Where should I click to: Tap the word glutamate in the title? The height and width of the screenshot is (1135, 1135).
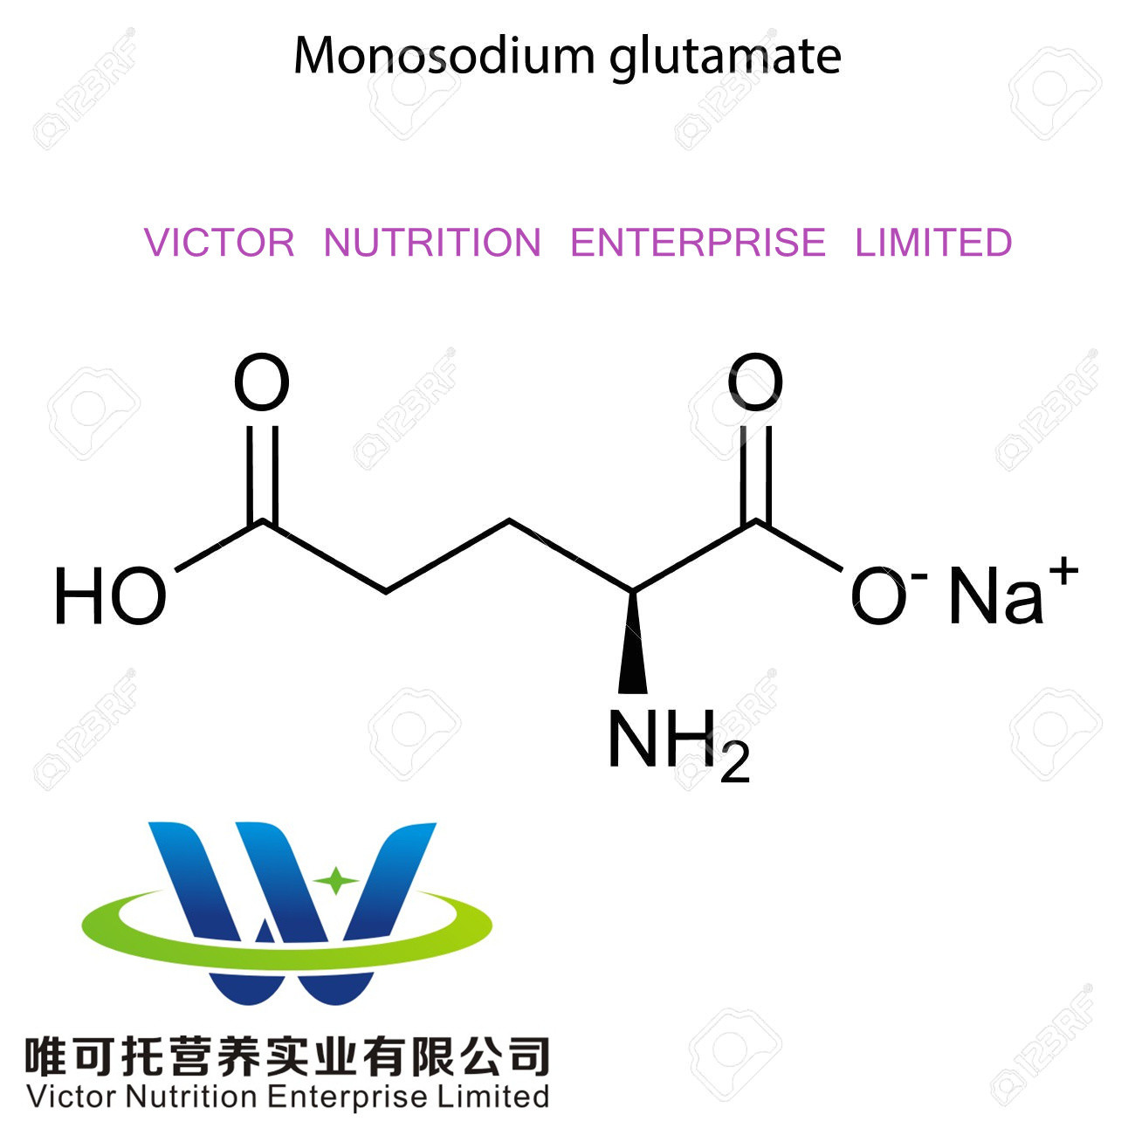pyautogui.click(x=725, y=58)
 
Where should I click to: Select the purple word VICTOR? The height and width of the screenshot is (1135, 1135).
pyautogui.click(x=219, y=243)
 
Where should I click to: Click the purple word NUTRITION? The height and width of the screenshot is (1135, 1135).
pyautogui.click(x=432, y=243)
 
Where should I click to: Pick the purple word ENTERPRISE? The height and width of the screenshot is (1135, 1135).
pyautogui.click(x=698, y=243)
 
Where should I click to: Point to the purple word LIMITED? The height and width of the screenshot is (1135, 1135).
pyautogui.click(x=933, y=243)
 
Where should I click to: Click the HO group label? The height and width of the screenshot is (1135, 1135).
pyautogui.click(x=110, y=597)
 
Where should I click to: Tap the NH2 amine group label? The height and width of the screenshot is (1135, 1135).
pyautogui.click(x=678, y=743)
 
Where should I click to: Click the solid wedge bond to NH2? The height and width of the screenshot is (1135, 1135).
pyautogui.click(x=633, y=646)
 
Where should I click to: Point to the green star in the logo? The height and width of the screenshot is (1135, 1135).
pyautogui.click(x=335, y=880)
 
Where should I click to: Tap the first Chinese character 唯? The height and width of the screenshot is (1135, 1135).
pyautogui.click(x=45, y=1056)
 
